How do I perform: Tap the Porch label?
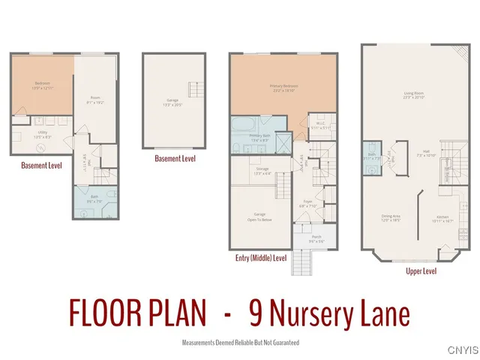pyautogui.click(x=306, y=238)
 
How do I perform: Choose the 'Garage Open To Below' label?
pyautogui.click(x=260, y=217)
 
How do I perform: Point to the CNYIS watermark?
pyautogui.click(x=462, y=349)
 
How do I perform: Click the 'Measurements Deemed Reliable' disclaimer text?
pyautogui.click(x=240, y=342)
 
